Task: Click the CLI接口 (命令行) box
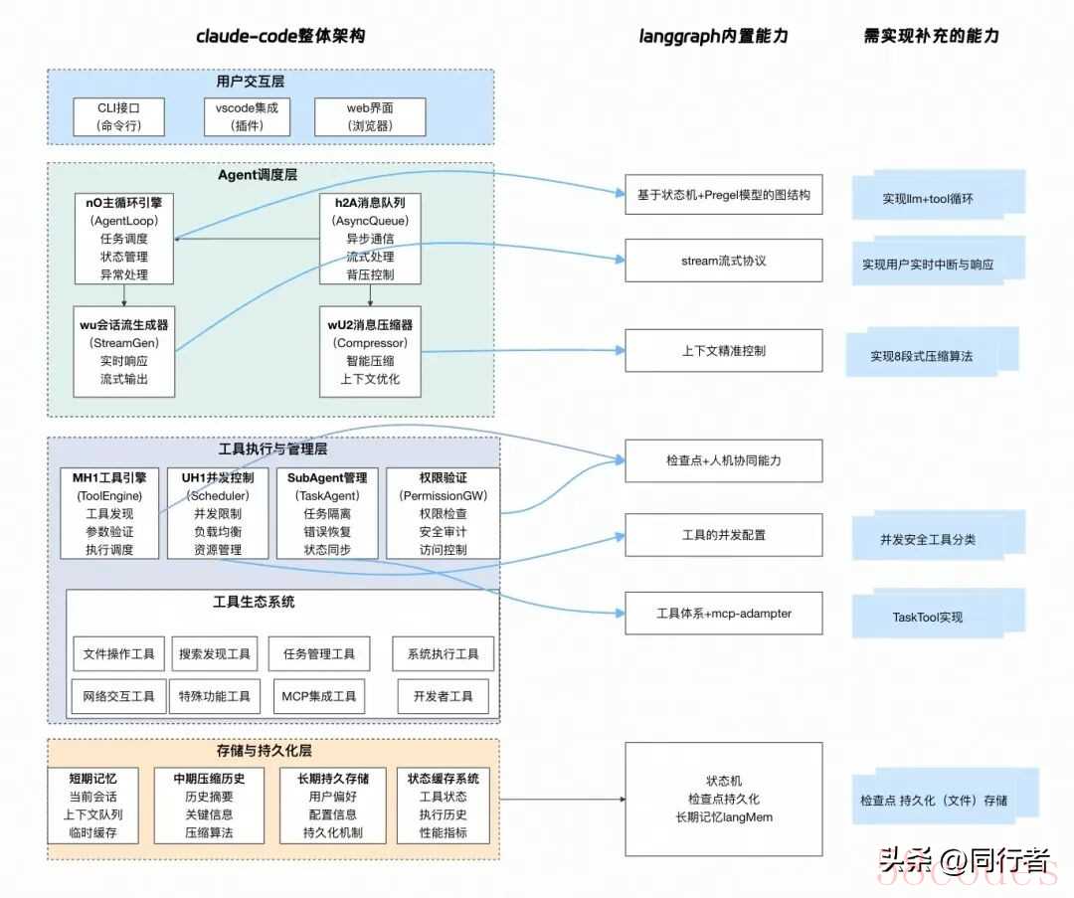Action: tap(119, 117)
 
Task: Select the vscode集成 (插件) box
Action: tap(246, 117)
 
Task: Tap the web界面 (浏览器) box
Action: tap(370, 117)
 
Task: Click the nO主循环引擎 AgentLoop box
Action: tap(124, 239)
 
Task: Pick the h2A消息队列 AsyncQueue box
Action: tap(371, 239)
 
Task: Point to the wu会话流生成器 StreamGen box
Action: tap(124, 351)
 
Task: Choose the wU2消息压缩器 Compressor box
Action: tap(371, 351)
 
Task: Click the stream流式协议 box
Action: tap(723, 261)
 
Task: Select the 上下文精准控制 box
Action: tap(723, 350)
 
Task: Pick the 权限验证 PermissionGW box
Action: tap(443, 513)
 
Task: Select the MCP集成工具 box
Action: tap(318, 696)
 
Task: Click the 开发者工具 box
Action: tap(444, 696)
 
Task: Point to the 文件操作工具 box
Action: tap(119, 653)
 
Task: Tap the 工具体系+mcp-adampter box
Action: tap(723, 614)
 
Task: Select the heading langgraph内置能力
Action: tap(713, 36)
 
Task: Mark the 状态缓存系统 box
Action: tap(444, 806)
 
